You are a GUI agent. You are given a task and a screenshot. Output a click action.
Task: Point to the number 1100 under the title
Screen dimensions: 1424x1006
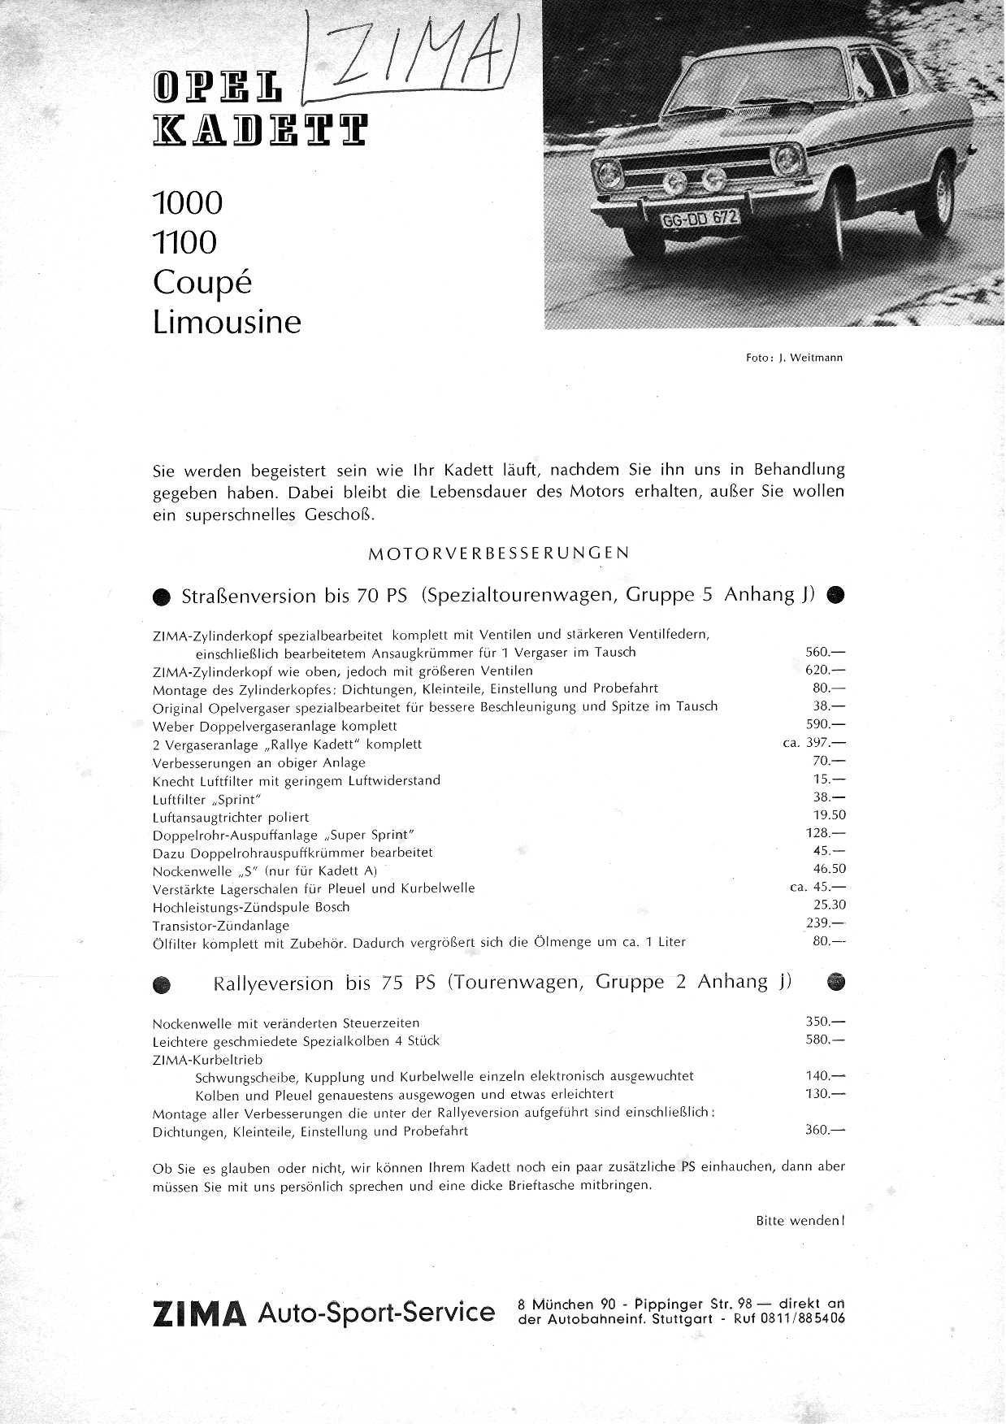tap(185, 242)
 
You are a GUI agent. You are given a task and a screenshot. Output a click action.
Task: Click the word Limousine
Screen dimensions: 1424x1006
tap(227, 323)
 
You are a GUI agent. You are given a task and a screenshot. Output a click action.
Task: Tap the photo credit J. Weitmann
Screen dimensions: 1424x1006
tap(809, 358)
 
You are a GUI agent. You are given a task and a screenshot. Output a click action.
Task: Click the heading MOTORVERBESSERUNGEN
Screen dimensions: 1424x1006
tap(498, 554)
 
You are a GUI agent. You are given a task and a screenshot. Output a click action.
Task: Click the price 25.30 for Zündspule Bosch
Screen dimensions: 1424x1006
tap(829, 905)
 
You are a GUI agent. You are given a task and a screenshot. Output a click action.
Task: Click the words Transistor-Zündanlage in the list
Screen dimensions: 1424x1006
tap(220, 926)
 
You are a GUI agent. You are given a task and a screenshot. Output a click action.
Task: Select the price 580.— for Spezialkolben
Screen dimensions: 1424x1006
tap(825, 1040)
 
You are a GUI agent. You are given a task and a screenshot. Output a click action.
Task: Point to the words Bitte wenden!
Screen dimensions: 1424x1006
tap(800, 1221)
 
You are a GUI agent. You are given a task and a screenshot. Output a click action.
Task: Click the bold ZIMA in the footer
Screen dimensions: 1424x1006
tap(199, 1314)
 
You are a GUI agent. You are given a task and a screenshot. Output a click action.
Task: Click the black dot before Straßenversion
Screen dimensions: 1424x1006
tap(163, 597)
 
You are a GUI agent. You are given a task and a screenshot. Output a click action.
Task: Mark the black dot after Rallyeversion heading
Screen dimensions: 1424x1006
tap(835, 983)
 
